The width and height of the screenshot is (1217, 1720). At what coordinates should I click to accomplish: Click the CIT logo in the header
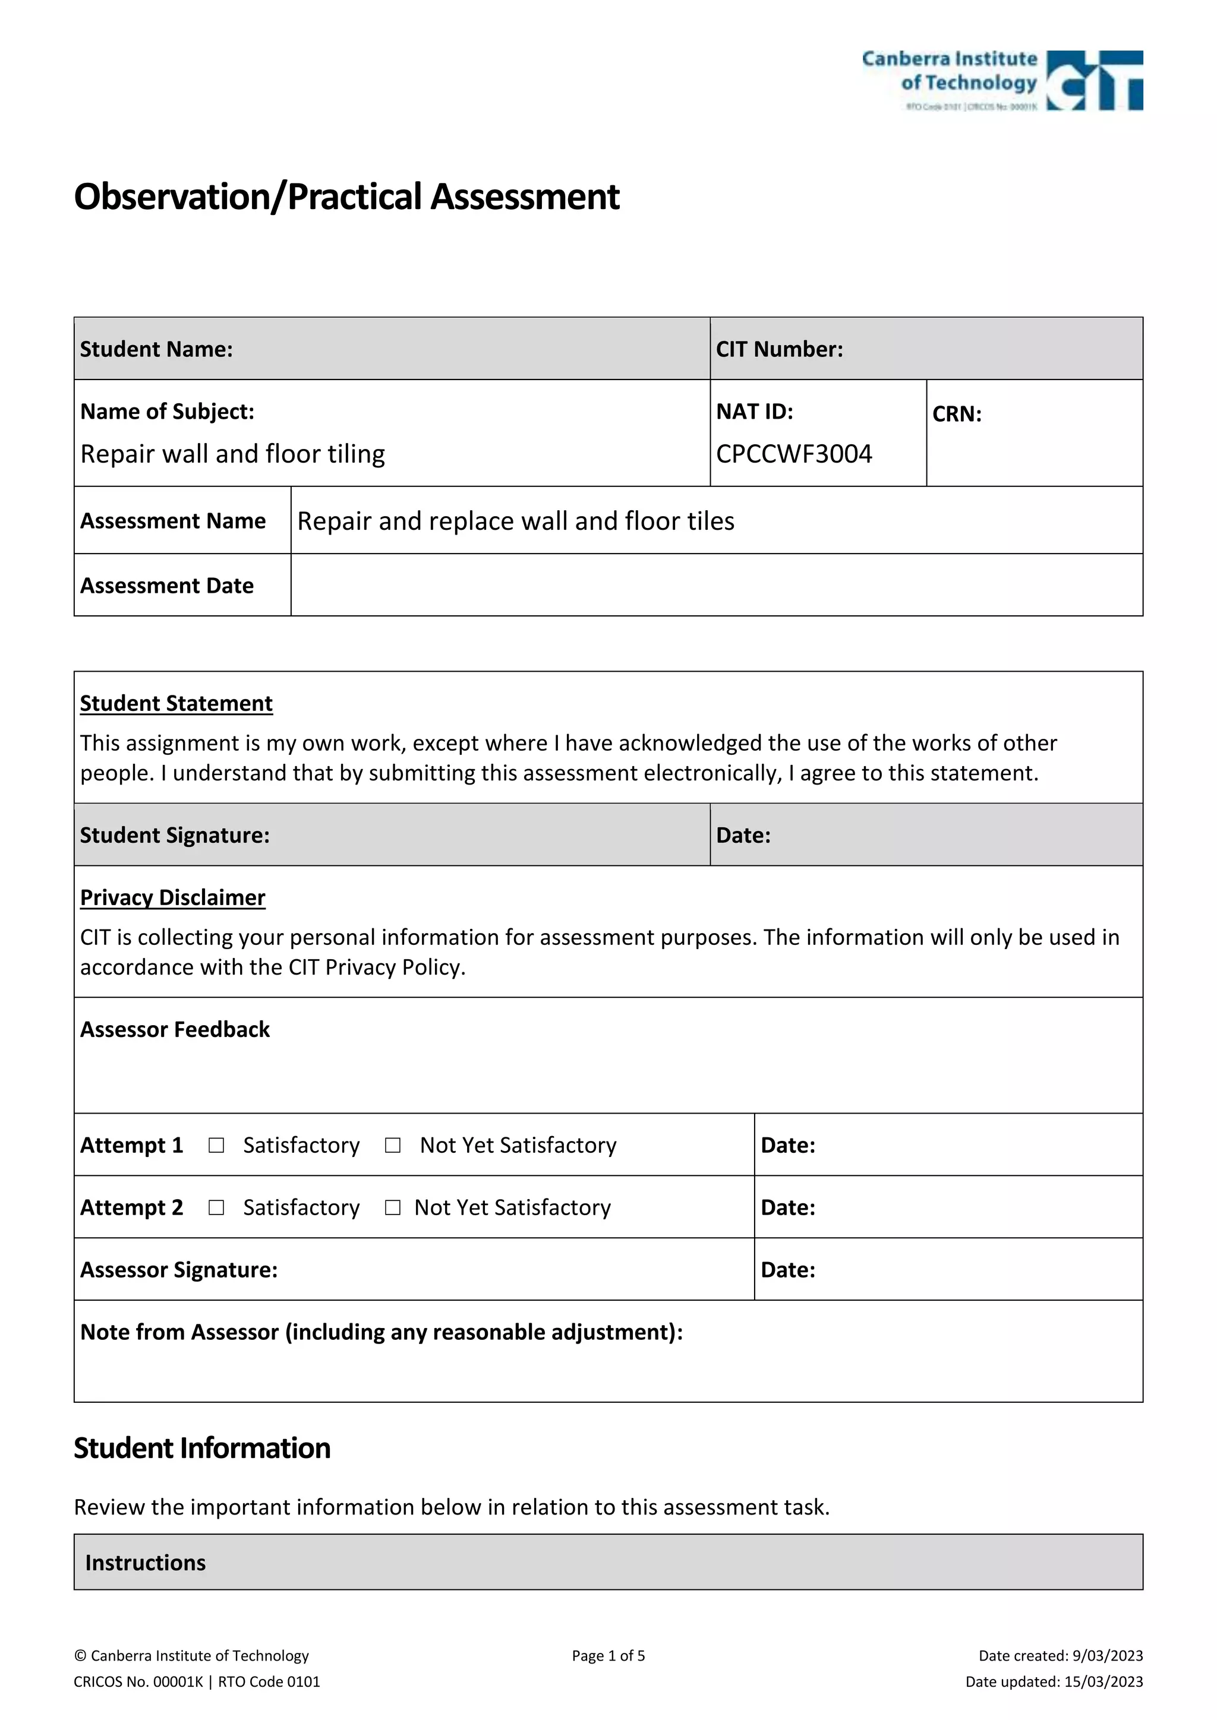pos(1093,80)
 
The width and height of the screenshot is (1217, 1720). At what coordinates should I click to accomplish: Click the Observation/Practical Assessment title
pos(346,197)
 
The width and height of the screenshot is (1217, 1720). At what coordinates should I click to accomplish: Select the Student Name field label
pos(156,349)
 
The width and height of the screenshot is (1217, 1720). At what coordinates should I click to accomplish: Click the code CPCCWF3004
pos(793,454)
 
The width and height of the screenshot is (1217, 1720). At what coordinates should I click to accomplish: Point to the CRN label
pos(956,415)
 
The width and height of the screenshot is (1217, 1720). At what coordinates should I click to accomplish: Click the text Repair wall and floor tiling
pos(232,454)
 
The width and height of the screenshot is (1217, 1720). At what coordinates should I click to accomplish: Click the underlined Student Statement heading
pos(176,703)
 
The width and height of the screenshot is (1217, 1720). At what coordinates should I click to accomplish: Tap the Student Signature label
pos(175,835)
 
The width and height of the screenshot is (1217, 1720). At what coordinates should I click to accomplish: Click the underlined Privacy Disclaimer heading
pos(172,897)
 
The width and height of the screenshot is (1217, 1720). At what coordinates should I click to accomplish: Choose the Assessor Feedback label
pos(175,1029)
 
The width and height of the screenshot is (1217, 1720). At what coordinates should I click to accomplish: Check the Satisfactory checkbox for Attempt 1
pos(216,1146)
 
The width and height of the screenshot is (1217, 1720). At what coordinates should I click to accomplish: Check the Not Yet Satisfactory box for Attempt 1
pos(393,1146)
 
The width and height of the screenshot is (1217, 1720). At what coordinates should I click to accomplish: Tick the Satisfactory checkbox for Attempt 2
pos(216,1207)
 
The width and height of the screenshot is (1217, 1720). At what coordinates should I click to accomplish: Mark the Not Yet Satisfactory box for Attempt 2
pos(393,1207)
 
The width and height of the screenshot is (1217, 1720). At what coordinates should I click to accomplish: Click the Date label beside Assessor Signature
pos(787,1270)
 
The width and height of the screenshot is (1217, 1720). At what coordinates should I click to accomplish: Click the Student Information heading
pos(201,1449)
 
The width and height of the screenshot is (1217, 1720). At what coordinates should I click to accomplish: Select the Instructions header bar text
pos(146,1563)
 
